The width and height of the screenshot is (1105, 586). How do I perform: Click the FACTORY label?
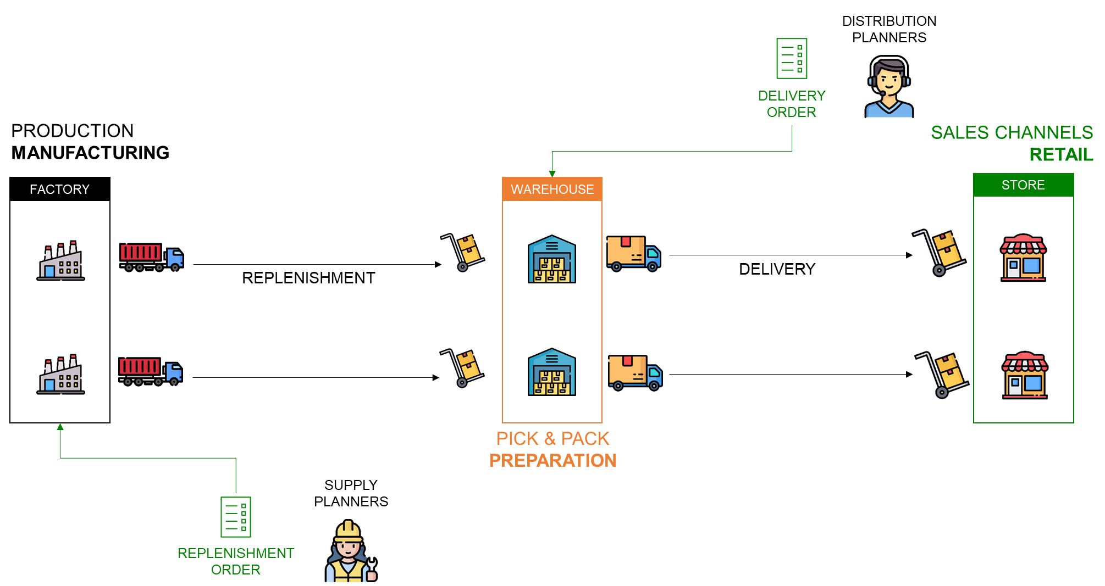point(59,189)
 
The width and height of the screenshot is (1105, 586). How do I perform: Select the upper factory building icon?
point(61,261)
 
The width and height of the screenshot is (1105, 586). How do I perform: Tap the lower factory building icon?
point(61,375)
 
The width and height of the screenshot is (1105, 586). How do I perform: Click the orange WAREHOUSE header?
point(552,189)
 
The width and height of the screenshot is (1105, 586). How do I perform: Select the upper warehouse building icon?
point(552,259)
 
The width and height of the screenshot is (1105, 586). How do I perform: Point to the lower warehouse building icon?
point(552,372)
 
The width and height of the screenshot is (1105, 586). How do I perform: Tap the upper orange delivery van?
point(633,254)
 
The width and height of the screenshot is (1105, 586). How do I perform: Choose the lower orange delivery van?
point(635,372)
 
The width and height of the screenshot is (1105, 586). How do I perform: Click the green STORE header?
point(1023,185)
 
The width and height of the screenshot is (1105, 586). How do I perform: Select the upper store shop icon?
point(1023,258)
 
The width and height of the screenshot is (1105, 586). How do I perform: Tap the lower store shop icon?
point(1025,375)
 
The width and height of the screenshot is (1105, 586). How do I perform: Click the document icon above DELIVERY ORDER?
point(792,58)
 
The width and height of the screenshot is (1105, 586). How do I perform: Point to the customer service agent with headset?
point(889,89)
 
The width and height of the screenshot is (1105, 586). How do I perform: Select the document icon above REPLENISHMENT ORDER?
point(236,517)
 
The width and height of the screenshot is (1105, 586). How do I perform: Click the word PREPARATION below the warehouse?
point(552,460)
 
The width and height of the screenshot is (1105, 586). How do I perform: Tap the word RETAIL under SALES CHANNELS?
point(1061,155)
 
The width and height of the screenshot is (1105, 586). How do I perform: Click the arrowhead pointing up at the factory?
point(60,427)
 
